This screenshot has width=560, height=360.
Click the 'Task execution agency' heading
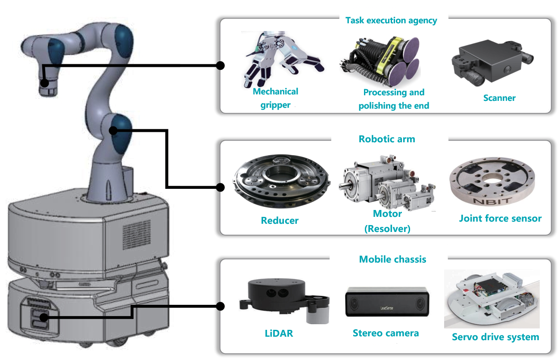pyautogui.click(x=391, y=20)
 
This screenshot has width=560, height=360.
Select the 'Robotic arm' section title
pyautogui.click(x=387, y=139)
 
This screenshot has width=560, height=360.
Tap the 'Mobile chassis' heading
pyautogui.click(x=392, y=259)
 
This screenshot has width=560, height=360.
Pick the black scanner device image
pyautogui.click(x=491, y=60)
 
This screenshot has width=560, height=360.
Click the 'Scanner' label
pyautogui.click(x=499, y=98)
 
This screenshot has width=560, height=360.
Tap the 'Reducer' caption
pyautogui.click(x=280, y=221)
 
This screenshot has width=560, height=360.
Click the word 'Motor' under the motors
pyautogui.click(x=387, y=214)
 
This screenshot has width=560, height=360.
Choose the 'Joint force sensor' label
pyautogui.click(x=500, y=219)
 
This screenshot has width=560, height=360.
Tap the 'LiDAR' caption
pyautogui.click(x=279, y=333)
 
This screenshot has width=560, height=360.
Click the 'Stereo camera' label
pyautogui.click(x=386, y=333)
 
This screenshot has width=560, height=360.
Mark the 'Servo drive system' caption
pyautogui.click(x=495, y=337)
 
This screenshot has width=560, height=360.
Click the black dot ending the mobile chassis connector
pyautogui.click(x=220, y=307)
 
